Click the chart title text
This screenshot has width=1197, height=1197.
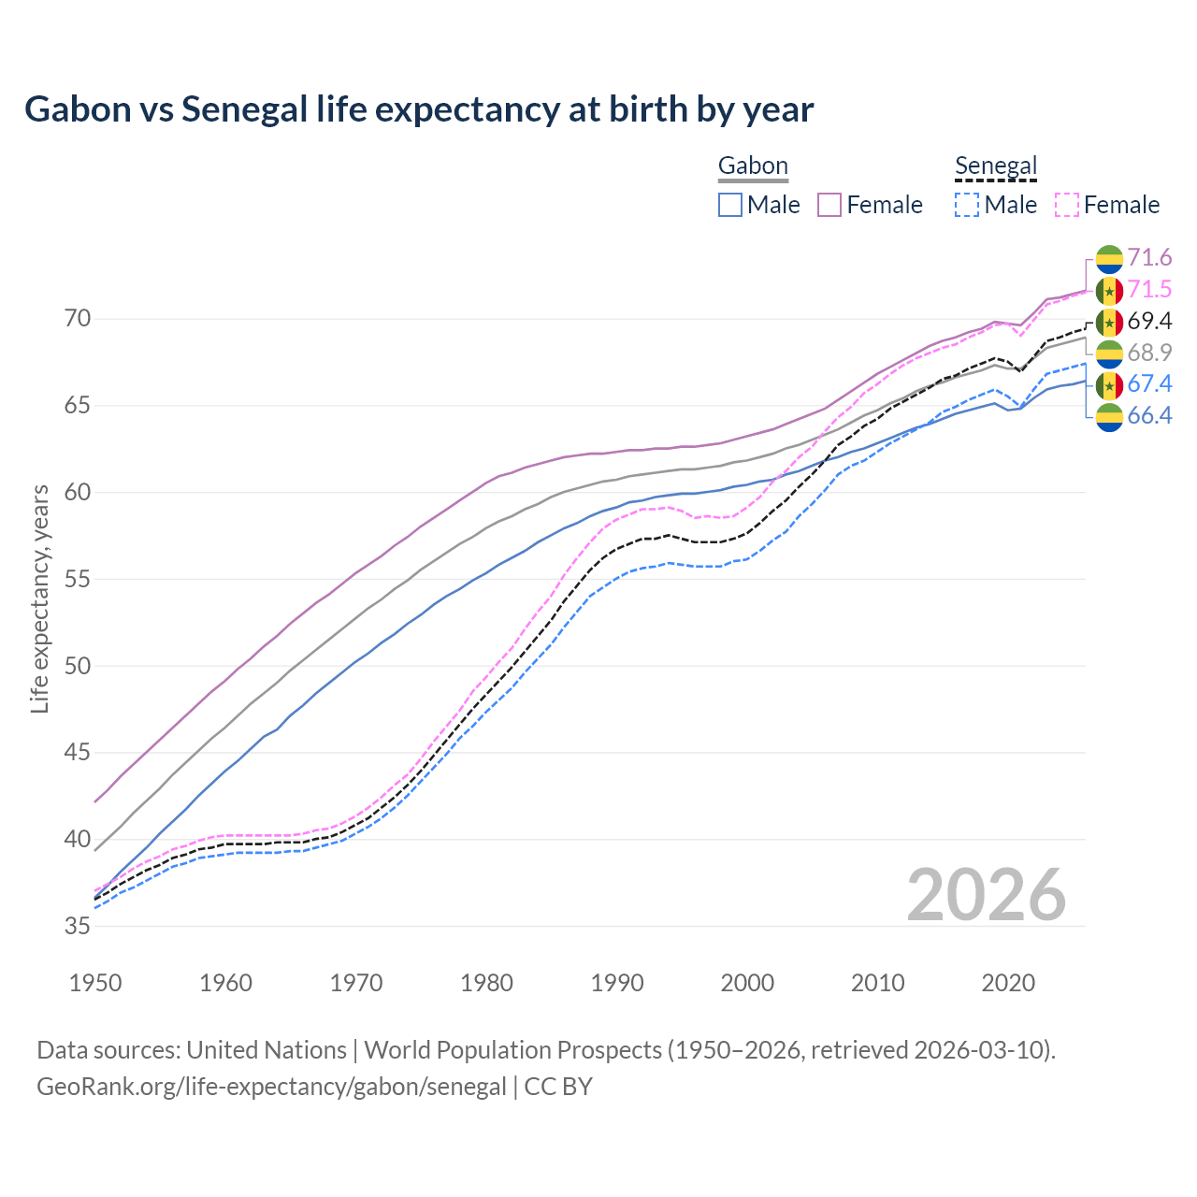[x=419, y=109]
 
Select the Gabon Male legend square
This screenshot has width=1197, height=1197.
[x=730, y=205]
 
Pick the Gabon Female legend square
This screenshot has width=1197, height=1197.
[x=830, y=205]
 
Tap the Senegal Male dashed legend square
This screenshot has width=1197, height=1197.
[x=967, y=205]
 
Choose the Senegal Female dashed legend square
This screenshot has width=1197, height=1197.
[x=1067, y=205]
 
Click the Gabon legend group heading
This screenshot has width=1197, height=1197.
[x=753, y=166]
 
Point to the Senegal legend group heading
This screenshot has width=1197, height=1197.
[x=996, y=166]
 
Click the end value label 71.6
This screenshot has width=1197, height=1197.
[x=1149, y=258]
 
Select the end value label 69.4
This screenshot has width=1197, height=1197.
[x=1149, y=322]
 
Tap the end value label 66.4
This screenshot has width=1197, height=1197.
[x=1149, y=416]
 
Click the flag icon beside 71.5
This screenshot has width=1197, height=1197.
[x=1109, y=291]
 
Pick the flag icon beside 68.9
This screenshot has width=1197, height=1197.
[x=1109, y=353]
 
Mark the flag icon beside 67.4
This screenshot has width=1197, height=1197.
[x=1109, y=384]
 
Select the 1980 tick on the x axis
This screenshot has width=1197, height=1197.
[x=486, y=983]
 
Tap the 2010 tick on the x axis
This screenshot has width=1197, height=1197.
[x=877, y=983]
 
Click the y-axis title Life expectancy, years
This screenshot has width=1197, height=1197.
[x=40, y=598]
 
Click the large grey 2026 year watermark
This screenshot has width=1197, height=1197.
[x=986, y=896]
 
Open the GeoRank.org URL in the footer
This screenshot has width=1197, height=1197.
[x=271, y=1087]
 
